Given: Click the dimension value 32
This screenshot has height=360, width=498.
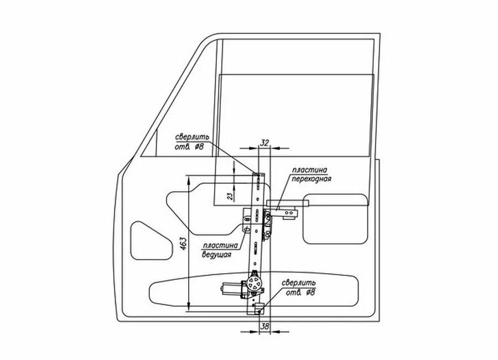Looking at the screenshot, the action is tap(264, 143).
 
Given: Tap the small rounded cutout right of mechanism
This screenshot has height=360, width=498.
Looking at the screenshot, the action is tap(336, 217).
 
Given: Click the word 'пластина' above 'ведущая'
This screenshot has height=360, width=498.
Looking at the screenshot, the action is tap(221, 246).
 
